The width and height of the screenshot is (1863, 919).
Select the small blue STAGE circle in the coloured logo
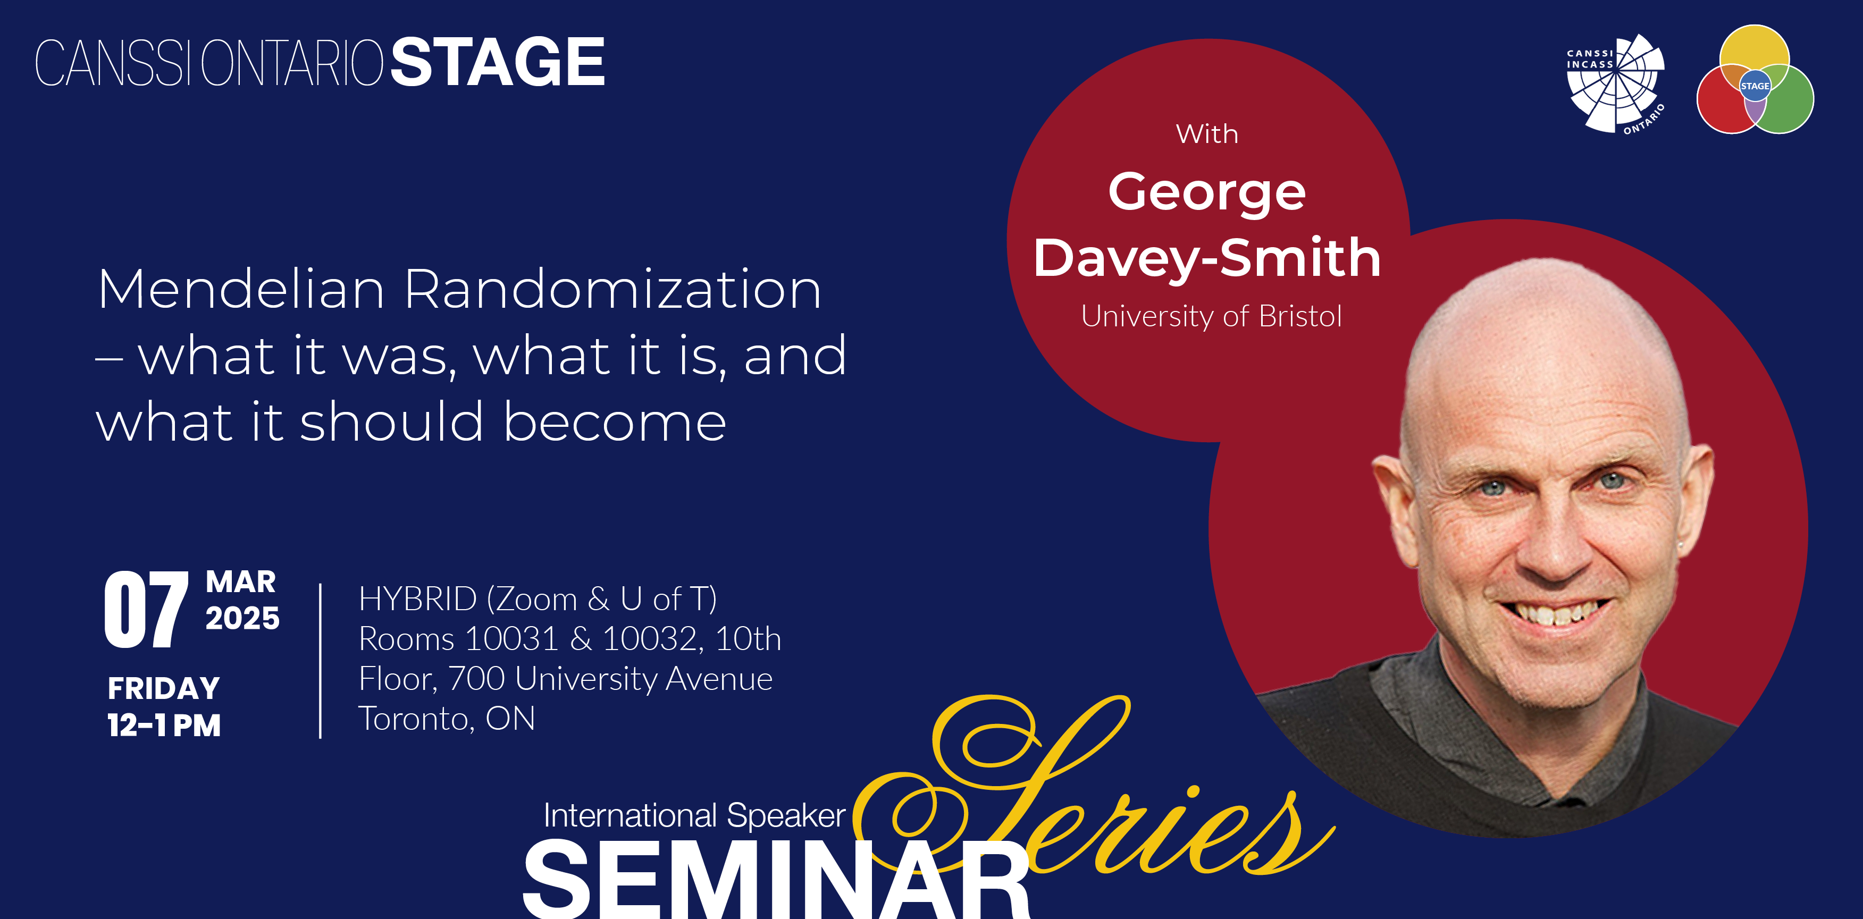pos(1755,86)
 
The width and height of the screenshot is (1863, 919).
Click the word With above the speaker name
pos(1207,134)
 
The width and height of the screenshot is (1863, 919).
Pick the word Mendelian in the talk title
pos(241,289)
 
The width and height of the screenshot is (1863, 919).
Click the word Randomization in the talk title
pos(612,289)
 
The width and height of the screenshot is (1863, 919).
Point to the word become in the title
pos(615,421)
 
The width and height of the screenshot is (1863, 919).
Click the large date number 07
pos(147,609)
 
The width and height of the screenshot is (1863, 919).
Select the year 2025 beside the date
pos(242,618)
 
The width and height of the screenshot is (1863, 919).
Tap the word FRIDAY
pos(163,688)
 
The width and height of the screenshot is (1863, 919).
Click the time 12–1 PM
pos(164,725)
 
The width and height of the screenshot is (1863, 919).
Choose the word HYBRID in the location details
pos(418,600)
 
